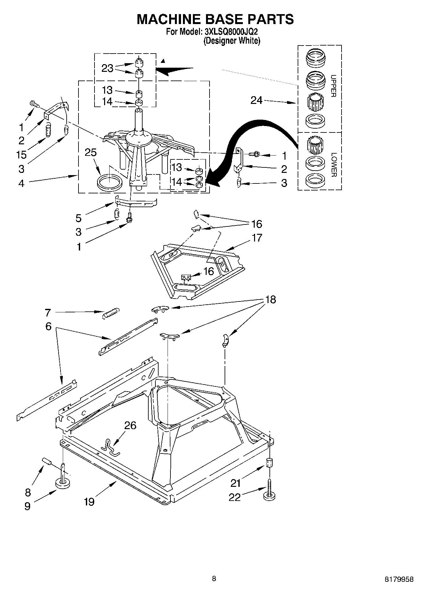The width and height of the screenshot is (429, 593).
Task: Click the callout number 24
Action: [257, 101]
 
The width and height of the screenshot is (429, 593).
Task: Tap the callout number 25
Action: [91, 152]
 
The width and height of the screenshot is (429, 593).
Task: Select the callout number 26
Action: [130, 425]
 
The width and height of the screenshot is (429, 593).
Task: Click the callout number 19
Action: [89, 501]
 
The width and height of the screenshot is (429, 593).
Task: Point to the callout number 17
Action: [257, 238]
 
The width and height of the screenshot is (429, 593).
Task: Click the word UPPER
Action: [333, 86]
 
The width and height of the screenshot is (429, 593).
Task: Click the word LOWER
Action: [333, 164]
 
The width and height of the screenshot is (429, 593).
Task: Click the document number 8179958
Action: [399, 579]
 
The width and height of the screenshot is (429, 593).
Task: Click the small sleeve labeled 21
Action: [270, 463]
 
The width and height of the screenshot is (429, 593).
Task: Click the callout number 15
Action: [22, 155]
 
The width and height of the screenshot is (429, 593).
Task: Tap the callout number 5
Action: [78, 218]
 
